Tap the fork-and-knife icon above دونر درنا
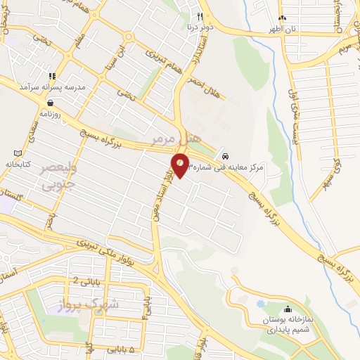200,17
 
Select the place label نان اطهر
280,30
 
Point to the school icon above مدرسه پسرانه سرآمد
52,76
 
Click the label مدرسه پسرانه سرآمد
53,87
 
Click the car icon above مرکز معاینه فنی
224,155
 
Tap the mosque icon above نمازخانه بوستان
288,309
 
